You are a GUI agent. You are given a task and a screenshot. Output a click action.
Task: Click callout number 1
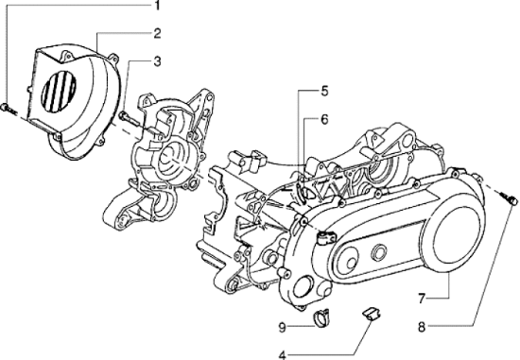click(158, 7)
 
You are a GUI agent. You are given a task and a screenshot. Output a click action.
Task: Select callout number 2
click(158, 35)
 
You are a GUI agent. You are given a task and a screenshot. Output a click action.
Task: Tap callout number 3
click(158, 62)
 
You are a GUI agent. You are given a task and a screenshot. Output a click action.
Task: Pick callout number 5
click(324, 92)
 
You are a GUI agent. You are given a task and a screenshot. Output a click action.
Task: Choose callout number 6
click(324, 120)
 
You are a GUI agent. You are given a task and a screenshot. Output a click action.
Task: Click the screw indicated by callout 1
click(8, 111)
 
